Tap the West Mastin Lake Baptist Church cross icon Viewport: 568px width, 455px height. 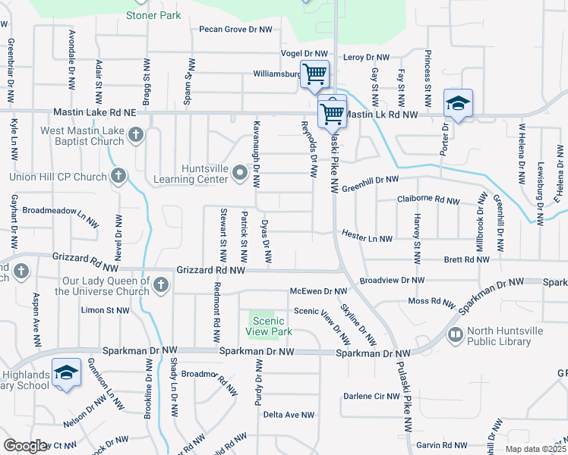coord(136,136)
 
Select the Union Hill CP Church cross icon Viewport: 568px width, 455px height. coord(118,177)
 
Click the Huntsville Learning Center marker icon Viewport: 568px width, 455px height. coord(241,174)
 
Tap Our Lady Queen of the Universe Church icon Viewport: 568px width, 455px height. coord(160,285)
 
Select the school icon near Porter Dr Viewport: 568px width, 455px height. coord(458,103)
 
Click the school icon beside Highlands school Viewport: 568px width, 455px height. coord(66,373)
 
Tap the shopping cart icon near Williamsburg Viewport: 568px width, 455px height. coord(314,74)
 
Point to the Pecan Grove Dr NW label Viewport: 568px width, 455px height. coord(235,30)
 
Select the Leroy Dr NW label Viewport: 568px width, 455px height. coord(367,57)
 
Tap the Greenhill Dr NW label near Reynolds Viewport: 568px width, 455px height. coord(370,180)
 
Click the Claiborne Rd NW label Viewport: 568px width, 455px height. coord(428,200)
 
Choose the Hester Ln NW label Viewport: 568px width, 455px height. coord(367,238)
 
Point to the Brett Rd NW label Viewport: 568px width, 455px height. coord(466,259)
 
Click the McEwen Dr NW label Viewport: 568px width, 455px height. coord(318,291)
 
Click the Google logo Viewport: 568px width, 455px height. coord(25,446)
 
